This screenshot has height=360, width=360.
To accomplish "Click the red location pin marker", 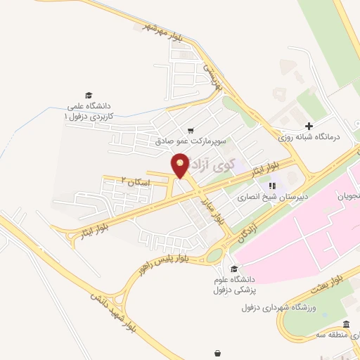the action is [x=181, y=165].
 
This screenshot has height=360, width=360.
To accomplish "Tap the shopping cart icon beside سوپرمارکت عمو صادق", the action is [x=191, y=131].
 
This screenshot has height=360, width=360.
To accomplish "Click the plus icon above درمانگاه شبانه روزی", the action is [x=309, y=125].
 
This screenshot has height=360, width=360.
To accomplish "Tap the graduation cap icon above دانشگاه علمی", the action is [x=89, y=95].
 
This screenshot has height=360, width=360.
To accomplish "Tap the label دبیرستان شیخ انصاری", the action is [x=271, y=198].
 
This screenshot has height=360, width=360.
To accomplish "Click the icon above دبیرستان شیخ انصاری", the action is [x=271, y=186].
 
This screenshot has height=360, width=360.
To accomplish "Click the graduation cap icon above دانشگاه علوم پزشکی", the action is [x=233, y=269].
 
